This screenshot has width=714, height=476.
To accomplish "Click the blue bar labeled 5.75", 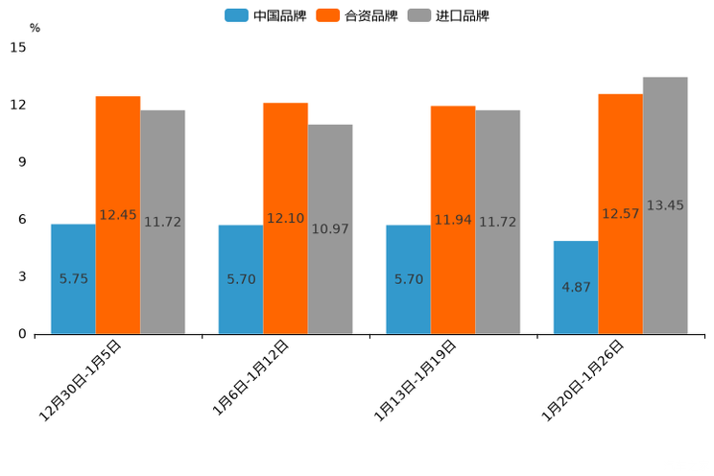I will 73,278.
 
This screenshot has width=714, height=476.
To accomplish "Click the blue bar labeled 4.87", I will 576,287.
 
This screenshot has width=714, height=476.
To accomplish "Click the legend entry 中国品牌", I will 266,15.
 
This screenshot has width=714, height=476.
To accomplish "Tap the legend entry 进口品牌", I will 448,15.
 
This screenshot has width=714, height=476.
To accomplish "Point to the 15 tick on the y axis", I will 18,47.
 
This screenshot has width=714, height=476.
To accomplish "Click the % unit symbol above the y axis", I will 35,28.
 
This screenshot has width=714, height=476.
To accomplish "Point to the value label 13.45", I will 665,205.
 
